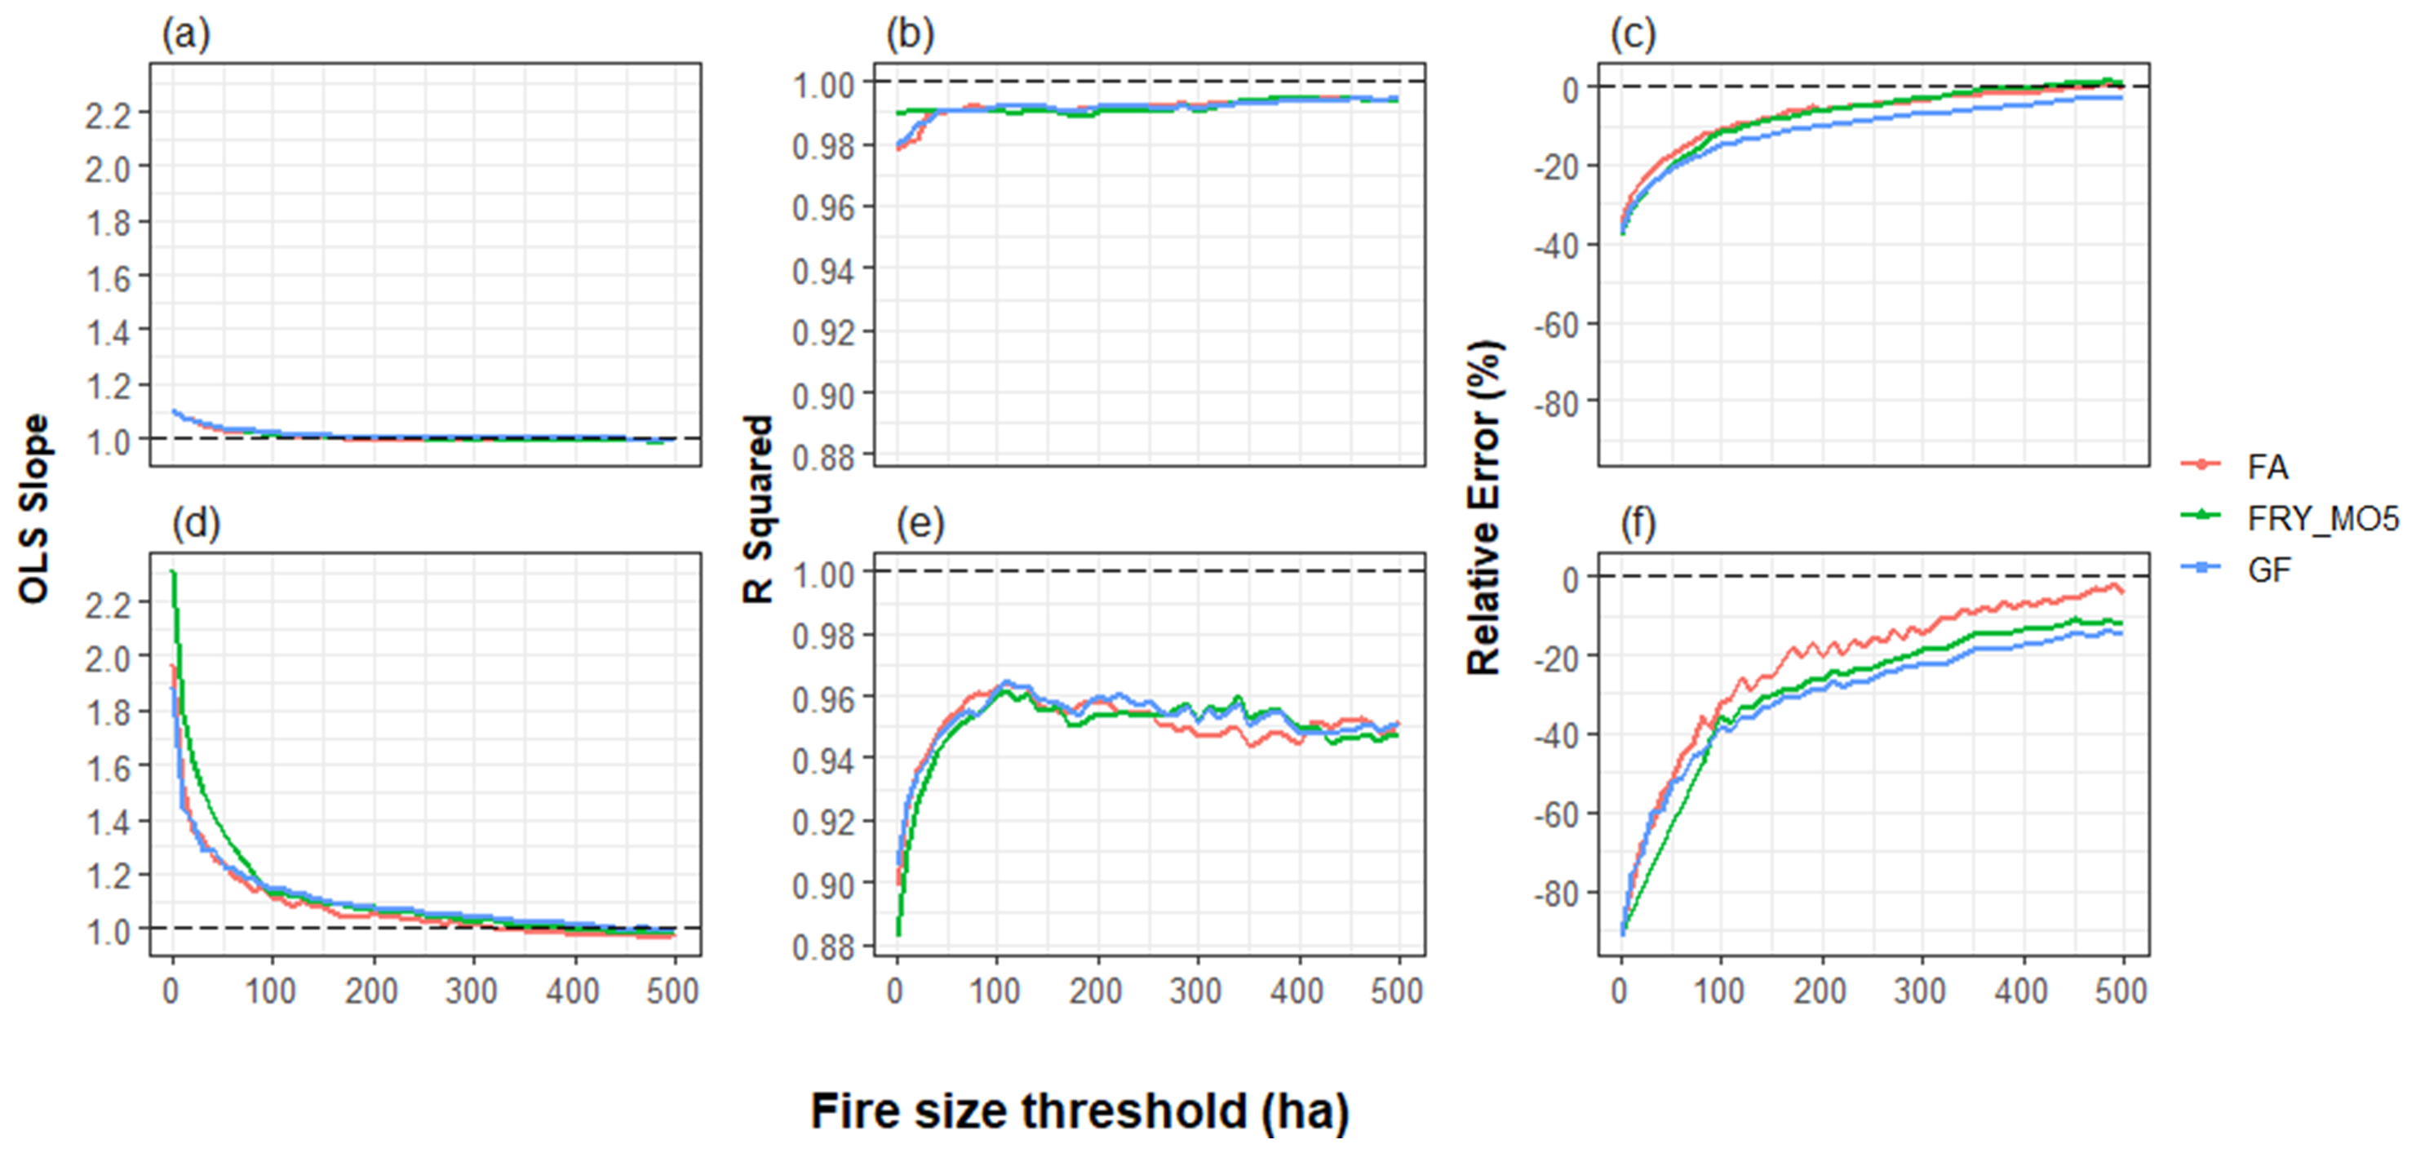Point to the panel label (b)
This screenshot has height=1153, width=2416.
click(910, 35)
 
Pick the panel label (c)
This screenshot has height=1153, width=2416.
click(1633, 35)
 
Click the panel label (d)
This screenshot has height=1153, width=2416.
click(195, 524)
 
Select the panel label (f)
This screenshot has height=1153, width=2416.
click(1638, 524)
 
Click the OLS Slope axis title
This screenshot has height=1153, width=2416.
click(33, 509)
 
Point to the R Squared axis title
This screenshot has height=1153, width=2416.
click(758, 509)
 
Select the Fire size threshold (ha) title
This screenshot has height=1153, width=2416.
click(1079, 1111)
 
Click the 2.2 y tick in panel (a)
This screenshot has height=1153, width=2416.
click(107, 114)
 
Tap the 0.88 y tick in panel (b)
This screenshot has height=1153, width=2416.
click(823, 458)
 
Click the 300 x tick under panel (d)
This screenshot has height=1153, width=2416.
click(472, 991)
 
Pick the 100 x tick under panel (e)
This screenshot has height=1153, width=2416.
click(996, 991)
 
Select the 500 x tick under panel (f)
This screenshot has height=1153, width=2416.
click(2121, 991)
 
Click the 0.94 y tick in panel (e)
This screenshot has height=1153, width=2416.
click(823, 760)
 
